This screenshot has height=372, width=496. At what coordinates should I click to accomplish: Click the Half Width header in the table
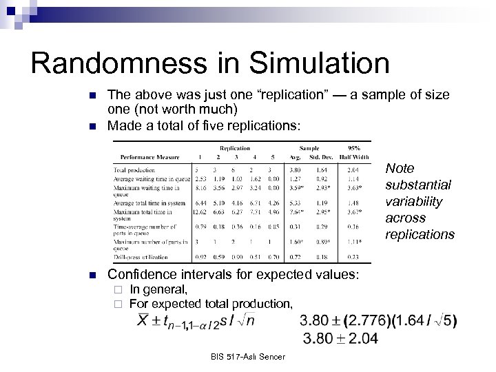353,156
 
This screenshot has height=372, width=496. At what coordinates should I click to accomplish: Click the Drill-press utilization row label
141,256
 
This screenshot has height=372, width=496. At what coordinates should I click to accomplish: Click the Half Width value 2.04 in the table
353,169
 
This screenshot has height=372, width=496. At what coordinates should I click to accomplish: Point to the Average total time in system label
149,203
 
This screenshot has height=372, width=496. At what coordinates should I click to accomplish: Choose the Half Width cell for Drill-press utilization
353,256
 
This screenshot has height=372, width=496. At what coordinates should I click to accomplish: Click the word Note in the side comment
400,169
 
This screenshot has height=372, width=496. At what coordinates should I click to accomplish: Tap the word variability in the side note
413,202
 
